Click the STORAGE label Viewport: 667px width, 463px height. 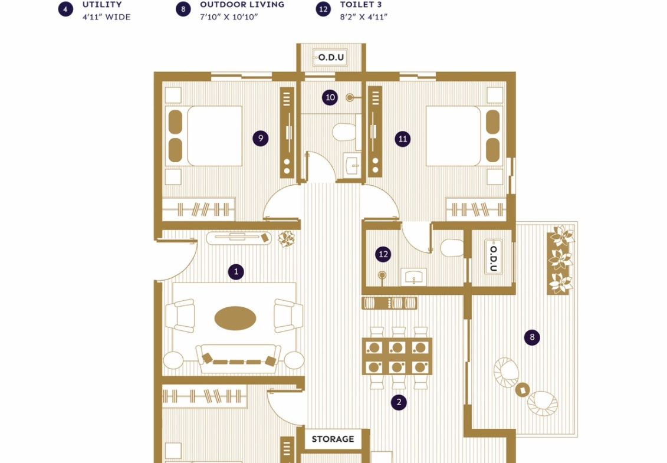(x=333, y=439)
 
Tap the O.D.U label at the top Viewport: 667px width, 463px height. (x=331, y=57)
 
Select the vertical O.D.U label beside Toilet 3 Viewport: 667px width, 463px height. (x=494, y=258)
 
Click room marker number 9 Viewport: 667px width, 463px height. (x=260, y=138)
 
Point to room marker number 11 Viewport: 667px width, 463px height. (x=402, y=139)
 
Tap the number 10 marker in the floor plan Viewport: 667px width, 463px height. (x=330, y=97)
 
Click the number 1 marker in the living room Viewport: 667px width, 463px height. (x=236, y=272)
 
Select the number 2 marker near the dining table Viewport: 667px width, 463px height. (x=399, y=402)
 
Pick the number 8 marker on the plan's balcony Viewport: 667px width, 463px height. (x=532, y=337)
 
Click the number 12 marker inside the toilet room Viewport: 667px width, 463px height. (x=383, y=254)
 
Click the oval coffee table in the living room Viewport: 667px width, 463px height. (x=235, y=318)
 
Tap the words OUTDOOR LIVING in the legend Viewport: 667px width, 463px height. (x=242, y=5)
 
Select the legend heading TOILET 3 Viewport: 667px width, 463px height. (x=361, y=5)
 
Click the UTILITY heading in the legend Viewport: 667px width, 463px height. (x=102, y=5)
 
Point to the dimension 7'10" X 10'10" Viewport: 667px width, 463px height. (x=229, y=17)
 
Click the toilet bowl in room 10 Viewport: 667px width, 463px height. (x=344, y=132)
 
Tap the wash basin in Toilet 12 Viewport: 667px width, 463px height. (x=413, y=277)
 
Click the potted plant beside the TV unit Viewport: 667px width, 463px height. (x=286, y=239)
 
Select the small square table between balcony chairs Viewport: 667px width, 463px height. (x=523, y=389)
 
